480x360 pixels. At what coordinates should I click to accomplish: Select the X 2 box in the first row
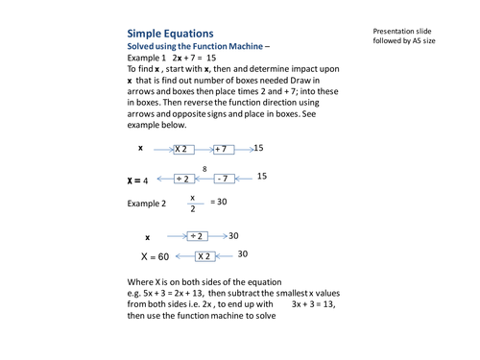click(x=184, y=149)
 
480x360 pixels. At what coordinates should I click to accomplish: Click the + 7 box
click(x=224, y=149)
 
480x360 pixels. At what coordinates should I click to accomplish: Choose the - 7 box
click(x=223, y=179)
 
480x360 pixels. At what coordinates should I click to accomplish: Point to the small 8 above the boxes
click(x=204, y=167)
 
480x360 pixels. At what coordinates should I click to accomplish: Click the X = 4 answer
click(x=138, y=180)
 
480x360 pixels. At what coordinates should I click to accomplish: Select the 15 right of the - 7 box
click(x=262, y=177)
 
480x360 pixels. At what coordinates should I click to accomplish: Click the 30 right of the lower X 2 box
click(x=243, y=254)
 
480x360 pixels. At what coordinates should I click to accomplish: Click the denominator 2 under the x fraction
click(x=192, y=210)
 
